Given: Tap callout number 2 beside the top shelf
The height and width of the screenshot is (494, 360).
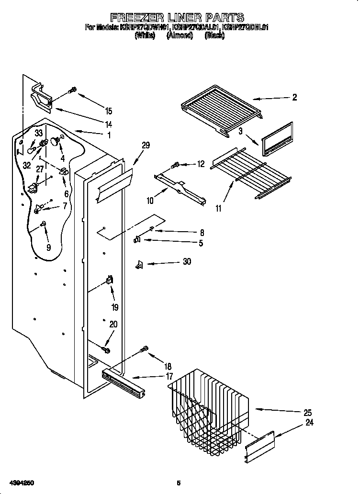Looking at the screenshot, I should click(x=294, y=97).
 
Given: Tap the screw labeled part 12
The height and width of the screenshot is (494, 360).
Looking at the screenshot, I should click(x=175, y=166).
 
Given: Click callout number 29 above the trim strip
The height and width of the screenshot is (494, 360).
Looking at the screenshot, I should click(x=146, y=146).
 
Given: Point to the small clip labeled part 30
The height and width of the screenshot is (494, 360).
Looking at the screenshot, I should click(x=140, y=264).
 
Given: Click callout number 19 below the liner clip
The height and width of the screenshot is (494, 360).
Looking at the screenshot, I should click(x=115, y=307).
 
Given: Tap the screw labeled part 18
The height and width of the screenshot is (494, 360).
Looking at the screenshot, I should click(x=143, y=349).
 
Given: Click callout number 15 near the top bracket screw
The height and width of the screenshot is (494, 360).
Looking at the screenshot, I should click(x=109, y=112).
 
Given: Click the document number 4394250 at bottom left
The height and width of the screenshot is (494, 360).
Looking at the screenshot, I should click(x=20, y=483).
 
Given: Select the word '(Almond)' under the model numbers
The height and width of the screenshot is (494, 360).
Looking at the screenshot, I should click(x=180, y=35).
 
